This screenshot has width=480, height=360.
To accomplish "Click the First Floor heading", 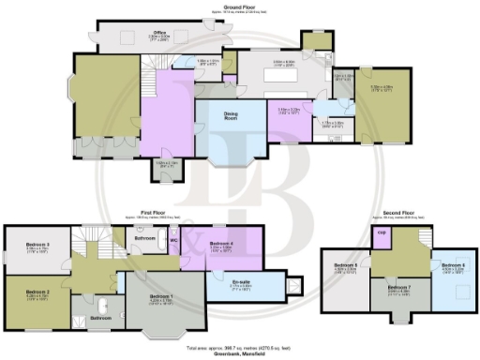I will [134, 214].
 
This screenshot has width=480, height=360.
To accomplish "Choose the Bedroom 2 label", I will [37, 292].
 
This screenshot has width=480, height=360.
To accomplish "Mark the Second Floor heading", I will [399, 215].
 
